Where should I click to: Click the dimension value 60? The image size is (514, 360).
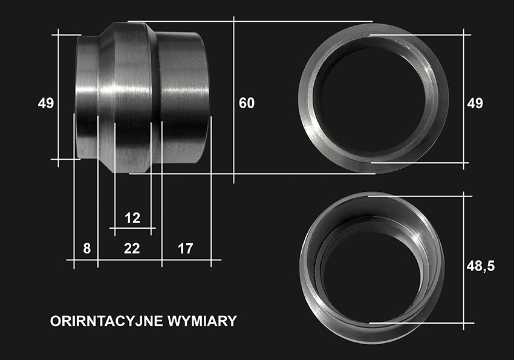coord(247,103)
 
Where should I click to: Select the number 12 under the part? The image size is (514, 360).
coord(132,218)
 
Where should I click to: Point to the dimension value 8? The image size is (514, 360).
coord(86,249)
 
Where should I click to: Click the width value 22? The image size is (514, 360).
coord(132,249)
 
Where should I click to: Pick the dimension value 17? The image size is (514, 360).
coord(186,249)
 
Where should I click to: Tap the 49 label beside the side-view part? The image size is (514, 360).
coord(46,103)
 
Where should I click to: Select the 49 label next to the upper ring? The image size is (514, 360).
coord(475,103)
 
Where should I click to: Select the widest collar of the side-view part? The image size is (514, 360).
coord(132,97)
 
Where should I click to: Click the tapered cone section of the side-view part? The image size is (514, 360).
coord(106,97)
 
